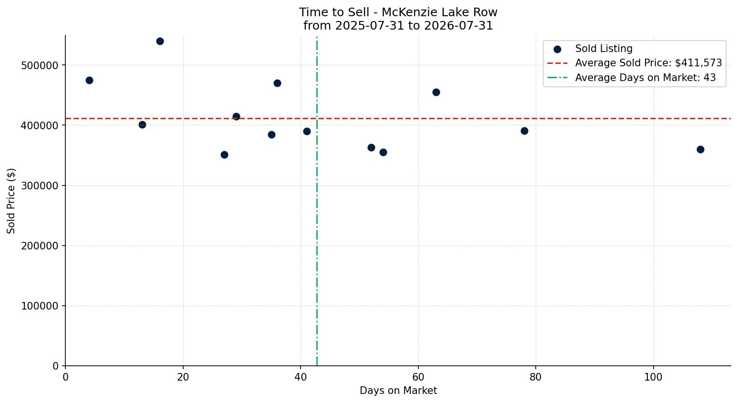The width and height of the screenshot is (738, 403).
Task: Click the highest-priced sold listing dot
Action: click(x=160, y=41)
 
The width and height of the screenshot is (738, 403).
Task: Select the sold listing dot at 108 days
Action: click(x=700, y=149)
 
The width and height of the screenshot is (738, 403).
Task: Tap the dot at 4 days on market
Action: click(x=89, y=80)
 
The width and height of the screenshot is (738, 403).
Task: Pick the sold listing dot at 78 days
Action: click(x=524, y=131)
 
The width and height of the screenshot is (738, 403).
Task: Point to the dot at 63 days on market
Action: click(x=436, y=92)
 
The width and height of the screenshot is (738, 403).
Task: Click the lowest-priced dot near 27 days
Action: click(x=224, y=155)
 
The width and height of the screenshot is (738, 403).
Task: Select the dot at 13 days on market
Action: click(x=142, y=125)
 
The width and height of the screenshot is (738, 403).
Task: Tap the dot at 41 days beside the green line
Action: click(x=307, y=131)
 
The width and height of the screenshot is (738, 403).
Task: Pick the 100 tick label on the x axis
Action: click(x=654, y=377)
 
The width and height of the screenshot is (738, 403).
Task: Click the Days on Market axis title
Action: click(x=398, y=391)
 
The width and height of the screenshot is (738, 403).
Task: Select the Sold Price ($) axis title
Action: click(x=11, y=201)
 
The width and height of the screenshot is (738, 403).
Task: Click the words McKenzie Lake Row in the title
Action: click(x=439, y=12)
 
